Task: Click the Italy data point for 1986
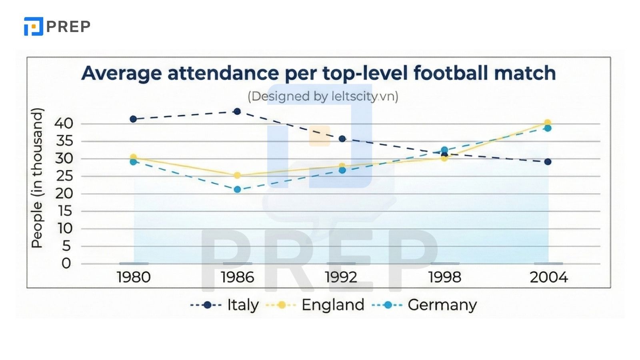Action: (237, 111)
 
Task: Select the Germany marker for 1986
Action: (237, 189)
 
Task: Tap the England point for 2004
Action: (548, 123)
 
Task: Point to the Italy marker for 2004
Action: (548, 162)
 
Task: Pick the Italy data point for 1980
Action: (133, 119)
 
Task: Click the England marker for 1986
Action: (237, 175)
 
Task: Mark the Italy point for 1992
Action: (342, 139)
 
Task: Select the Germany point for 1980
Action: (133, 162)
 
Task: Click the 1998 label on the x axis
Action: (445, 277)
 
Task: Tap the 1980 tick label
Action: (134, 277)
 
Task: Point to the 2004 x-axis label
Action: (549, 277)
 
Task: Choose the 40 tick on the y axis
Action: (64, 124)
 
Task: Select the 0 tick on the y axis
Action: (66, 264)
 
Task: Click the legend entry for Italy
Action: (242, 305)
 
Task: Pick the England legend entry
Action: (332, 305)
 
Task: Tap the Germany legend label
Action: (442, 305)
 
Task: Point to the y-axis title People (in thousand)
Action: (37, 178)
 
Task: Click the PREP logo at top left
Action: (57, 26)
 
